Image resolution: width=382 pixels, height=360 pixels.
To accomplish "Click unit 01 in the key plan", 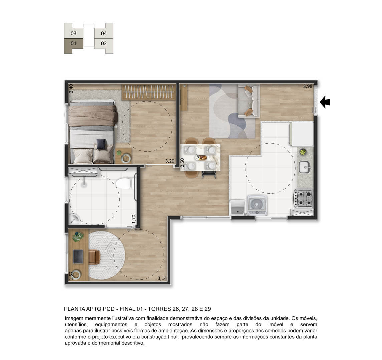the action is point(74,44).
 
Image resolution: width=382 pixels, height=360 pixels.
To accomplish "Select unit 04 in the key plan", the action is point(104,33).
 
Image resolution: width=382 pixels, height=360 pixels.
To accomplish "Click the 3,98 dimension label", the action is point(308,86).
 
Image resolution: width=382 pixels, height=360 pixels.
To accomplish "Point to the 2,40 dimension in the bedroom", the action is point(71,88).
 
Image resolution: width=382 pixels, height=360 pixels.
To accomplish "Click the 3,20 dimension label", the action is point(170,161).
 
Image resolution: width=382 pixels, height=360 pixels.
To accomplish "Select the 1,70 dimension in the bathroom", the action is point(134,219).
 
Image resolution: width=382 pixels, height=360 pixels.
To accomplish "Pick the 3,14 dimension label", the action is point(162,278).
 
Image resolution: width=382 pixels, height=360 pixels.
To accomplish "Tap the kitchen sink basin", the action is point(304,167).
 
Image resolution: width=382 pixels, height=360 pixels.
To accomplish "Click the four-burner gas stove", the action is point(303,198).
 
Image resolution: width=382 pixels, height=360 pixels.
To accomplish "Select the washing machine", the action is point(257,205).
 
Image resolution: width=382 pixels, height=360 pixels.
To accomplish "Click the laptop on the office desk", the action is point(78,256).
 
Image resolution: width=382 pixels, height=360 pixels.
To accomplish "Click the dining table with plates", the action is point(200,157).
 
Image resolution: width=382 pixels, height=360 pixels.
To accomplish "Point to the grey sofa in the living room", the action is point(249,101).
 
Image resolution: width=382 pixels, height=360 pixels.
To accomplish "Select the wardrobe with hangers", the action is point(148,92).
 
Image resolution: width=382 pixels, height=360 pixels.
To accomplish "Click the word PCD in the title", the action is point(109,309).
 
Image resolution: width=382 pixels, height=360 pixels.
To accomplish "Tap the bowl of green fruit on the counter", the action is point(303,152).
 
